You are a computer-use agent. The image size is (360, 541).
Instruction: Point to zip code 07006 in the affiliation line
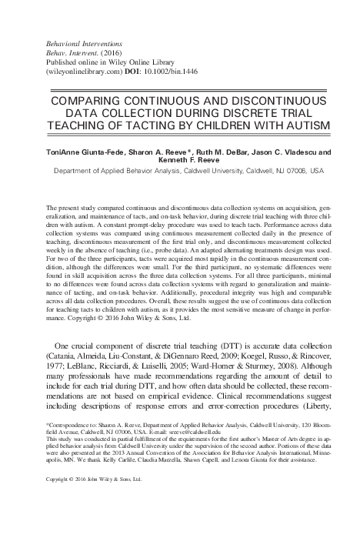point(275,173)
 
